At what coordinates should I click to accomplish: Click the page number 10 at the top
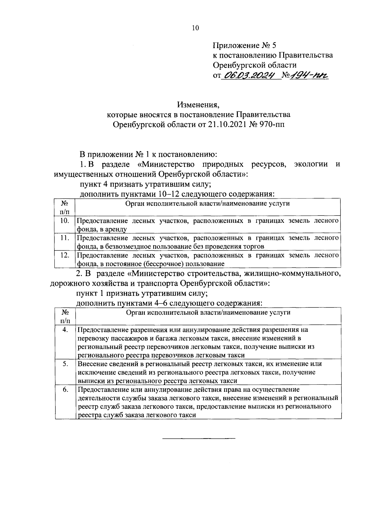(195, 28)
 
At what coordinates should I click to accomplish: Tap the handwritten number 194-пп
(310, 75)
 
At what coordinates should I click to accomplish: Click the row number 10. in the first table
(64, 221)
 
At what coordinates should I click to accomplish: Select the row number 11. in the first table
(64, 238)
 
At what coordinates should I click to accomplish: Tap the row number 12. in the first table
(64, 255)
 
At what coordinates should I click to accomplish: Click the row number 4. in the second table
(65, 329)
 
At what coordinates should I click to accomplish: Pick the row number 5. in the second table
(65, 364)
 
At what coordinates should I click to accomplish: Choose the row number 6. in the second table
(65, 390)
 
